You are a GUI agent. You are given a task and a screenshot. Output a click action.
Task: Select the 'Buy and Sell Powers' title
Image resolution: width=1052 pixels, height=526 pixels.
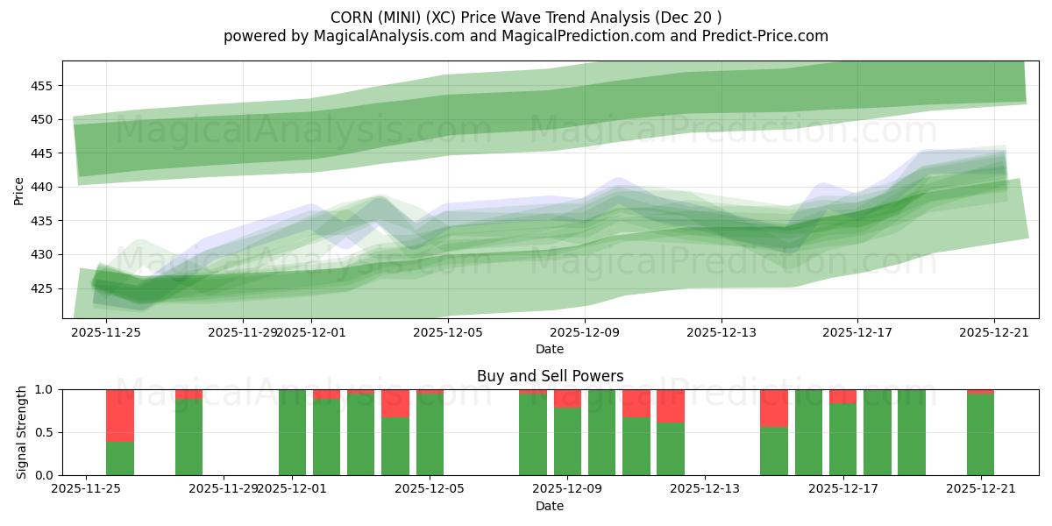[x=550, y=376]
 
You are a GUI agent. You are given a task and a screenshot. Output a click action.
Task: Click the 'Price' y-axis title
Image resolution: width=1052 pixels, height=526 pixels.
[x=19, y=189]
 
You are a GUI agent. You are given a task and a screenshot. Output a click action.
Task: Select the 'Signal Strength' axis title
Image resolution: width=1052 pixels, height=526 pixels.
[x=22, y=432]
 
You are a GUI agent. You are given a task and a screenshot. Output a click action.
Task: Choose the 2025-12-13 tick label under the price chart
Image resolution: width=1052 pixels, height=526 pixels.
[x=721, y=332]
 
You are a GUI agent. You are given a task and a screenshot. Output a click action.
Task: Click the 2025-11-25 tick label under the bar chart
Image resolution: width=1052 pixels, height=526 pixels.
[x=86, y=489]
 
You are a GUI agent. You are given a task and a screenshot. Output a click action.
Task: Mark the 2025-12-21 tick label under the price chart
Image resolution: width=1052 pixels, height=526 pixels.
[x=994, y=332]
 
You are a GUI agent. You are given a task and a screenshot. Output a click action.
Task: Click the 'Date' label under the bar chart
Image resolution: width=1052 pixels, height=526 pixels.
[x=550, y=506]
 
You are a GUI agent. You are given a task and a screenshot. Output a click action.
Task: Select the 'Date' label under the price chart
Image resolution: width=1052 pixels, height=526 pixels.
[x=550, y=349]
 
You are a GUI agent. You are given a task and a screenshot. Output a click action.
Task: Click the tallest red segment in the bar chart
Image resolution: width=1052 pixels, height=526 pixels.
[x=120, y=416]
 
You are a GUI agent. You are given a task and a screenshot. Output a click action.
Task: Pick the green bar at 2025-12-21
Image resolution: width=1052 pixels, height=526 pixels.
[x=980, y=435]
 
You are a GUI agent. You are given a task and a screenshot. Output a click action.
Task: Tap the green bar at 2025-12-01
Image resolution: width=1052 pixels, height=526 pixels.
[x=292, y=432]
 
